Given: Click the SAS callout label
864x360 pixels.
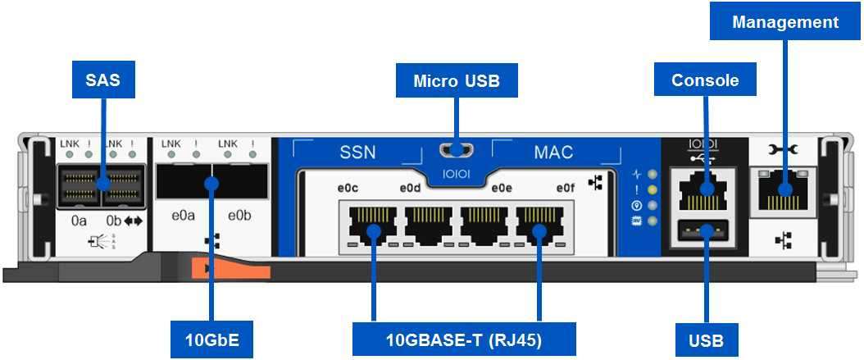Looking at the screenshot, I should pyautogui.click(x=103, y=80).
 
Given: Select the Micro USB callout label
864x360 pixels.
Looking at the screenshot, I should pyautogui.click(x=457, y=80).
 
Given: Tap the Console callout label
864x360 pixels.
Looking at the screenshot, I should pyautogui.click(x=705, y=80).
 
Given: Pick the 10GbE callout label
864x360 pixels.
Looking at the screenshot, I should pyautogui.click(x=211, y=338).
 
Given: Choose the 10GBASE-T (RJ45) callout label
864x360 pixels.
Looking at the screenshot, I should pyautogui.click(x=463, y=338).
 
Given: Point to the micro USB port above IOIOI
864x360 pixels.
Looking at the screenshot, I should pyautogui.click(x=457, y=151).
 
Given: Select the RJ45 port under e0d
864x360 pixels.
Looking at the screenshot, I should pyautogui.click(x=429, y=223).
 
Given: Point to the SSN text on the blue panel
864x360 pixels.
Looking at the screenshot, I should pyautogui.click(x=357, y=153).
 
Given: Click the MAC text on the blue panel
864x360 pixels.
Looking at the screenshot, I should pyautogui.click(x=553, y=153).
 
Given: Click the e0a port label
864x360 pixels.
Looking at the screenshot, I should pyautogui.click(x=183, y=216).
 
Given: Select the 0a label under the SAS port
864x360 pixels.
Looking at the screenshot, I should pyautogui.click(x=79, y=221).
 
